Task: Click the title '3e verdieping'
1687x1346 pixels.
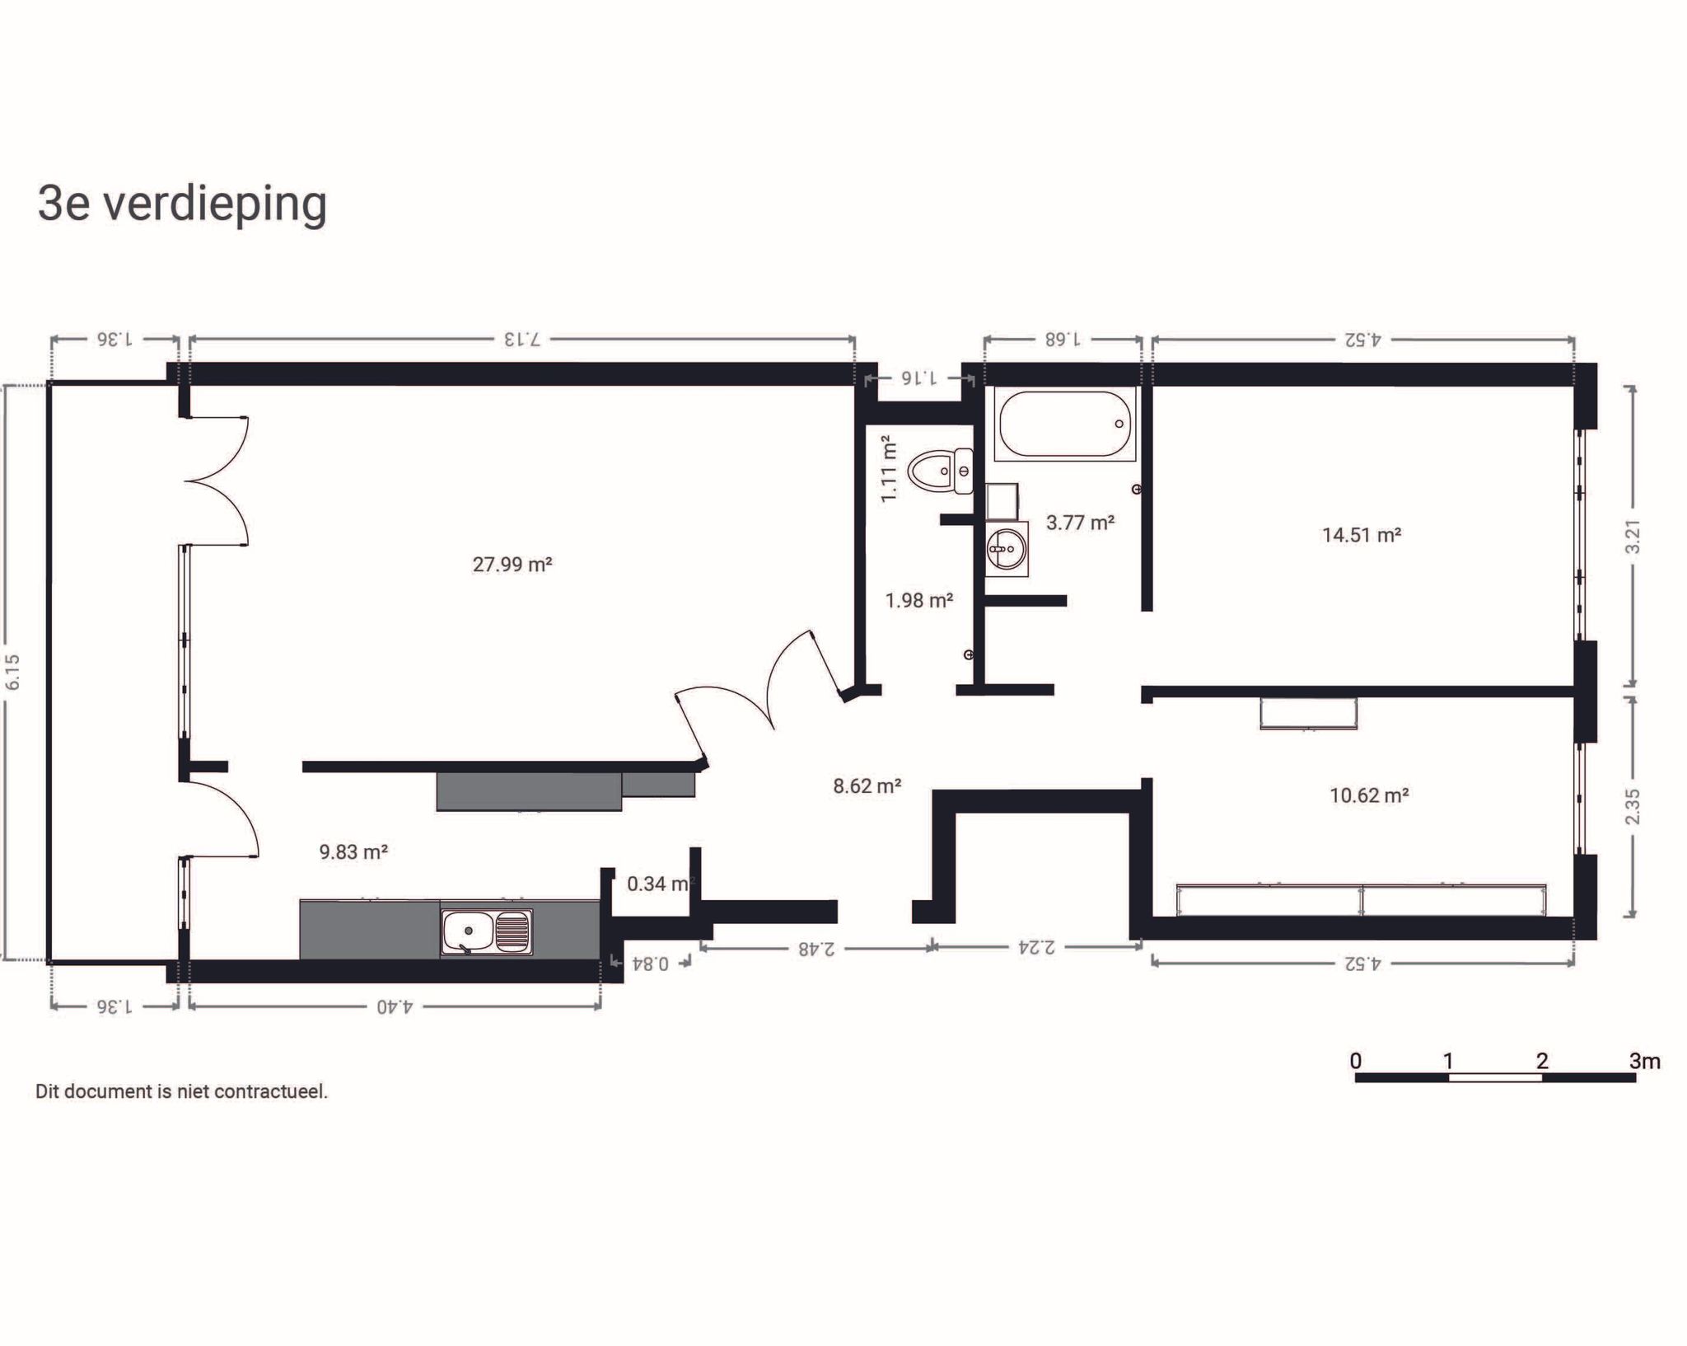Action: pos(182,204)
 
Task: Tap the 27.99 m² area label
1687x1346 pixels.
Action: pos(512,565)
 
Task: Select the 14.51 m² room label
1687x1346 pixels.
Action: pos(1362,535)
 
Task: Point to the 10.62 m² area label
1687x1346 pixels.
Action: pos(1369,795)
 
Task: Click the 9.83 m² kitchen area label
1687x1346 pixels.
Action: pos(353,852)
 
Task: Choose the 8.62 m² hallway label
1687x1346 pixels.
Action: pos(867,786)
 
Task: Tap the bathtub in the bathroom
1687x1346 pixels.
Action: pos(1064,424)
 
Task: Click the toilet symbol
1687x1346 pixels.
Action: pos(940,471)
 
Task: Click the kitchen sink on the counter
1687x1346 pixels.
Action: pos(486,932)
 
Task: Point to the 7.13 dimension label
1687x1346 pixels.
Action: pos(522,339)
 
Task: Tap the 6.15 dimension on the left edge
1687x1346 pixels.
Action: pos(12,672)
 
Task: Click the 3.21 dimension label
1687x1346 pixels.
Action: pos(1633,536)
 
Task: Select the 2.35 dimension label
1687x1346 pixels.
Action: pos(1633,806)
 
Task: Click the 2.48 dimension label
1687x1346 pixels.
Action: pos(815,949)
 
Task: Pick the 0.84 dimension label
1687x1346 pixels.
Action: pos(650,963)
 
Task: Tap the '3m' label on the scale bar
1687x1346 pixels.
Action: pos(1644,1061)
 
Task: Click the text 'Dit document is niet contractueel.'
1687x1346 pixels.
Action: pos(181,1091)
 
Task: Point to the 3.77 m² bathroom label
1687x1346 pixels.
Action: pos(1080,523)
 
